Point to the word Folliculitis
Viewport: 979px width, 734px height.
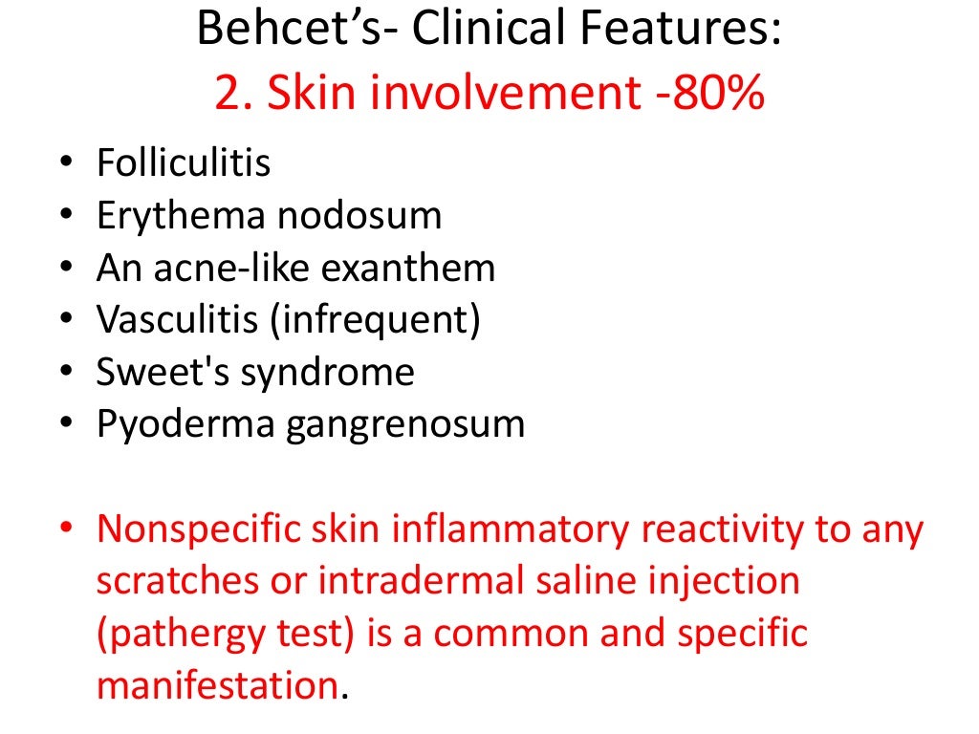[x=184, y=164]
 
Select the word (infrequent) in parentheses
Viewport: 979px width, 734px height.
[x=376, y=320]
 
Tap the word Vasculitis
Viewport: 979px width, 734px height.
[x=176, y=320]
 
